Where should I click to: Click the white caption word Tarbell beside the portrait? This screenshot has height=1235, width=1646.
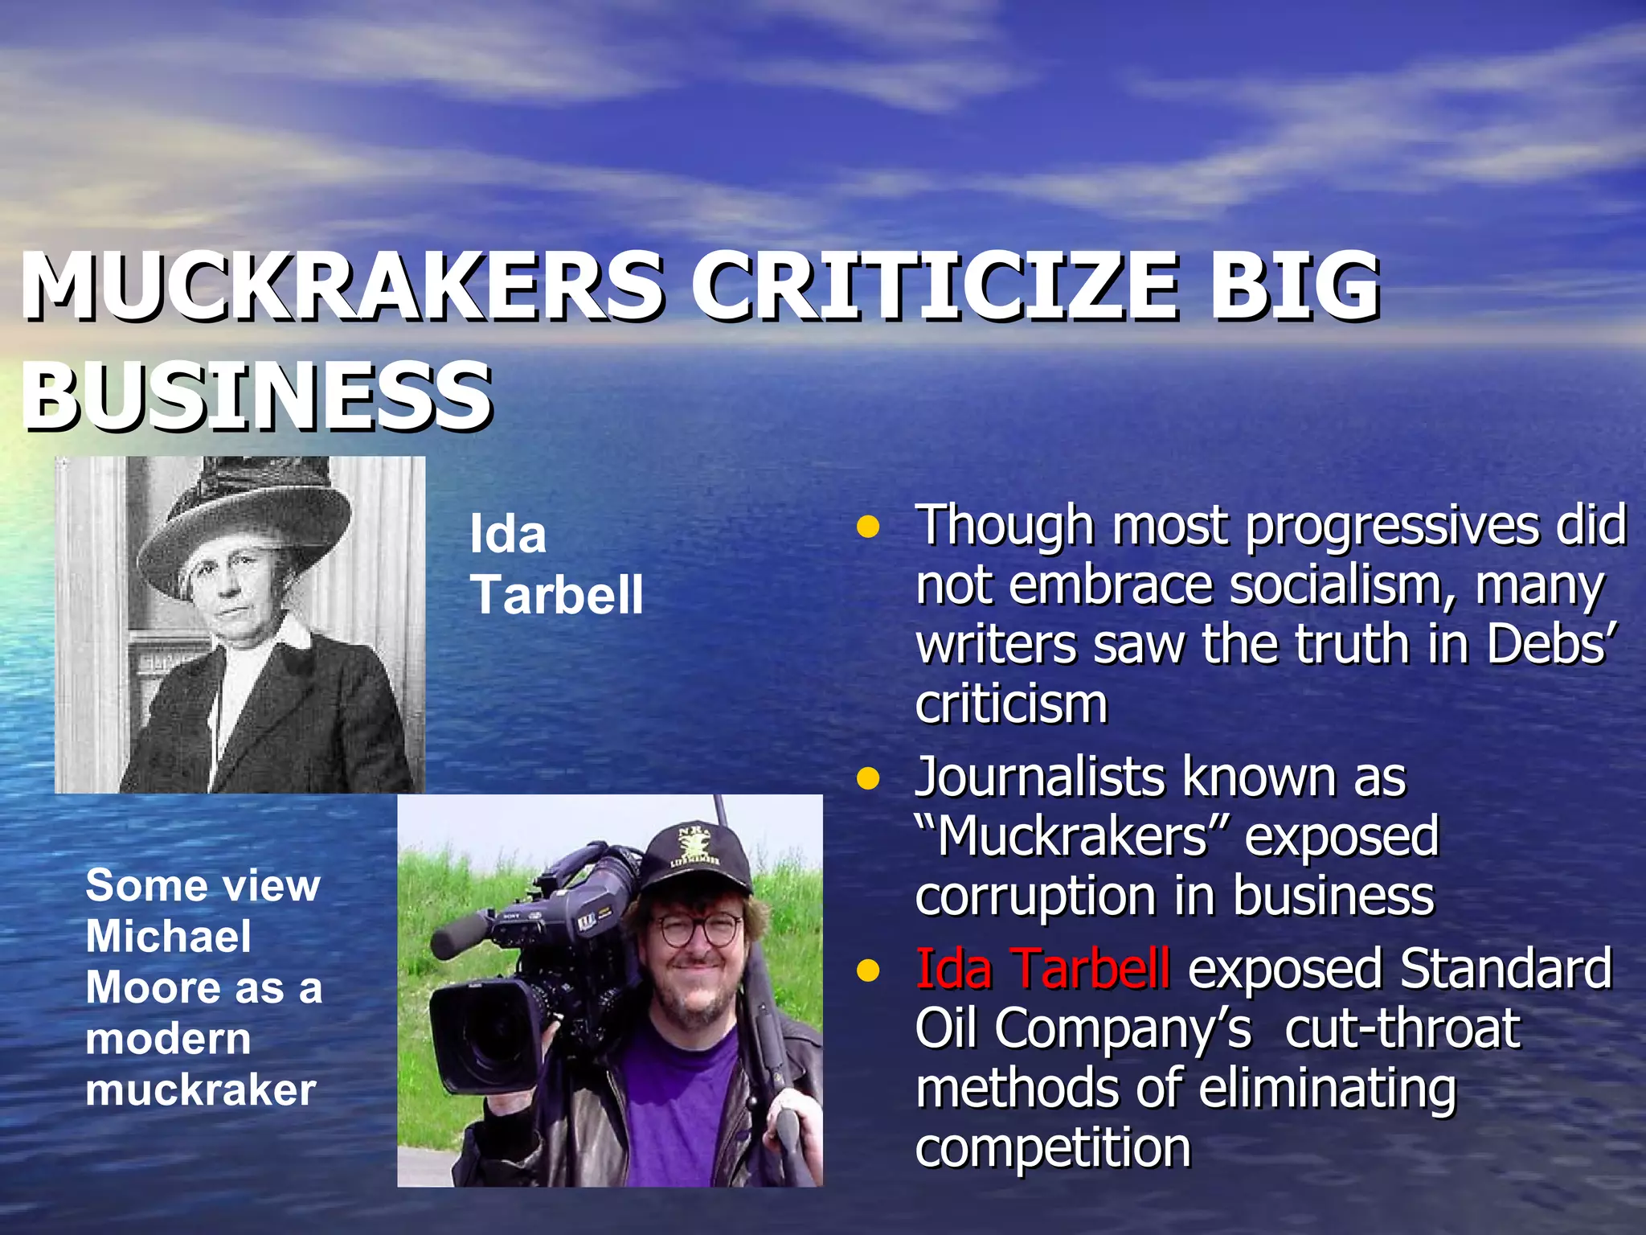pyautogui.click(x=557, y=595)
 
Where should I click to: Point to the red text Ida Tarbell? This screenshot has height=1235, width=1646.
pyautogui.click(x=1042, y=968)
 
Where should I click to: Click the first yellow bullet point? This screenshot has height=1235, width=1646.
pyautogui.click(x=868, y=528)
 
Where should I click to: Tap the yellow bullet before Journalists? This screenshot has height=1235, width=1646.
pyautogui.click(x=868, y=779)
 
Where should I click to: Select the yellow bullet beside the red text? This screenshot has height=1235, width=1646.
pyautogui.click(x=868, y=970)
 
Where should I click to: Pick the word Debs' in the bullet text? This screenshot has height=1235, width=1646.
pyautogui.click(x=1547, y=645)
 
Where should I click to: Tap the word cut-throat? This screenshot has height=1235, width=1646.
pyautogui.click(x=1402, y=1028)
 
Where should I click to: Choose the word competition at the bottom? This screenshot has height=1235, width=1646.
pyautogui.click(x=1053, y=1147)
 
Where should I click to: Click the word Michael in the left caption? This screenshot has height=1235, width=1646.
pyautogui.click(x=169, y=937)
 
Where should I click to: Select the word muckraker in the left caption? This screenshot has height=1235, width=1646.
pyautogui.click(x=201, y=1090)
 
